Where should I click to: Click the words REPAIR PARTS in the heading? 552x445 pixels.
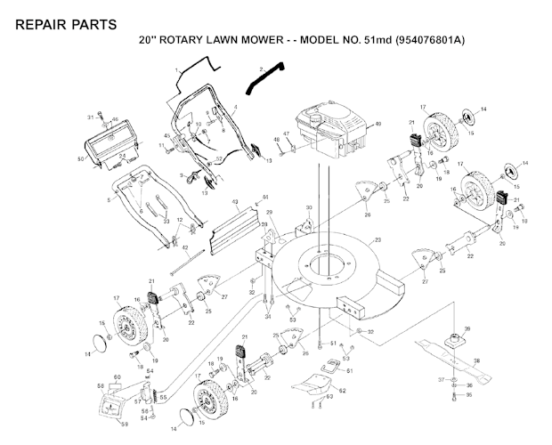65,24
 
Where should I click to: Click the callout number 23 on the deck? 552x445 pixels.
377,240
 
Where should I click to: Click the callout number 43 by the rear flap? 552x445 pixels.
235,203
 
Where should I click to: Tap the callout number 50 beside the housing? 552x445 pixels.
80,159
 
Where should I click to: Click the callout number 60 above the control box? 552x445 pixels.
115,378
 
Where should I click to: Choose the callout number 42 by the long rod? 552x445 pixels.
185,248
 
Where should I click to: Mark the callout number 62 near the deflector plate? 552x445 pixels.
342,391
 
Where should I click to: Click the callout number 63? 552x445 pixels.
329,399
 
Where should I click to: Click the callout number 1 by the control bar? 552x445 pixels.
177,69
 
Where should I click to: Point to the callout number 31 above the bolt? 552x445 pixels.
90,117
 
